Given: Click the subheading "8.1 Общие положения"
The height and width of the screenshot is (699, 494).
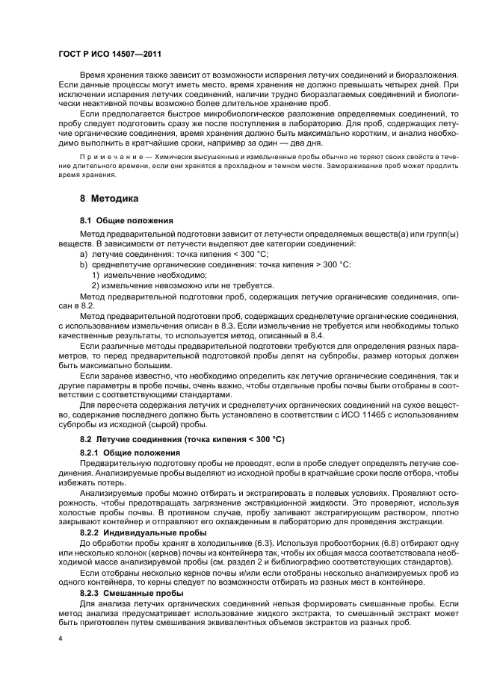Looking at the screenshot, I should [x=126, y=221].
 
